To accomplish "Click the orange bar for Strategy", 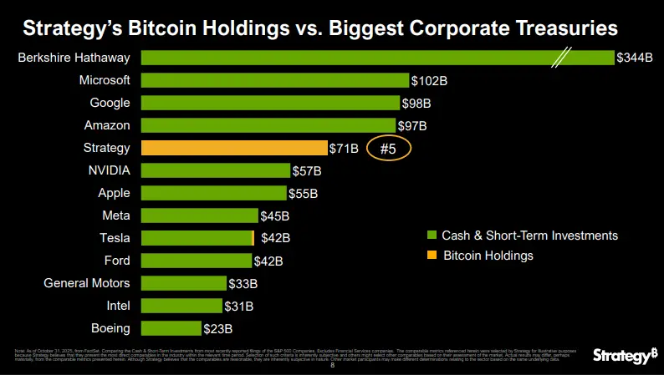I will pos(234,148).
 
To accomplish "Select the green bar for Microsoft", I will pos(275,80).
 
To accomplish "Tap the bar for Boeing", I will pos(171,327).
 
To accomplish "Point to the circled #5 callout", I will pos(388,149).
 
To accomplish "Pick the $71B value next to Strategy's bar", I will pos(344,149).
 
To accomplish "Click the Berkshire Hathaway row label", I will pos(74,58).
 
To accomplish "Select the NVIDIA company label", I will pos(109,170).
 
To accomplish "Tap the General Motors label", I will pos(87,282).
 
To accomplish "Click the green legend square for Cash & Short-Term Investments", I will pos(432,236).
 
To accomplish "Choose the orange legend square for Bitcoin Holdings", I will pos(432,256).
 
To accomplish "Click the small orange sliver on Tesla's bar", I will pos(253,238).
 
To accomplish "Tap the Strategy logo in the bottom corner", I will pos(625,356).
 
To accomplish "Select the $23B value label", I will pos(218,328).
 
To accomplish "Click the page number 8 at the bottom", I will pos(333,365).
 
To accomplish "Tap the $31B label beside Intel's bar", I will pos(239,306).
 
